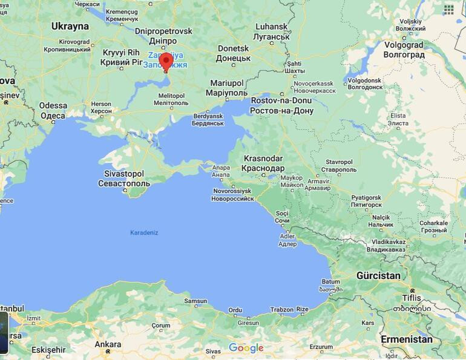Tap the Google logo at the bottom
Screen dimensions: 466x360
point(246,348)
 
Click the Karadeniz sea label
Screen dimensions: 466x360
point(144,232)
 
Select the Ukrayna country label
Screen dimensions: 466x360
point(70,26)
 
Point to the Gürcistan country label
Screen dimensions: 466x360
point(378,276)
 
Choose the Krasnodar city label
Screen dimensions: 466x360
point(263,158)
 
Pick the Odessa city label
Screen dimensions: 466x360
point(53,105)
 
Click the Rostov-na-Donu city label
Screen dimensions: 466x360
point(282,100)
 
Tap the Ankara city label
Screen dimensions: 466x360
point(108,344)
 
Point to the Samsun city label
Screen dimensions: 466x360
point(195,301)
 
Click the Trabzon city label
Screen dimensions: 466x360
point(281,310)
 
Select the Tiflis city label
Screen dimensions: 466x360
point(412,298)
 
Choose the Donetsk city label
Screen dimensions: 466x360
point(233,48)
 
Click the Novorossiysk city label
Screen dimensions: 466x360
point(232,191)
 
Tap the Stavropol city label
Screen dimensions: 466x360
point(339,162)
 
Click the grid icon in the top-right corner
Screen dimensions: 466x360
point(448,9)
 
